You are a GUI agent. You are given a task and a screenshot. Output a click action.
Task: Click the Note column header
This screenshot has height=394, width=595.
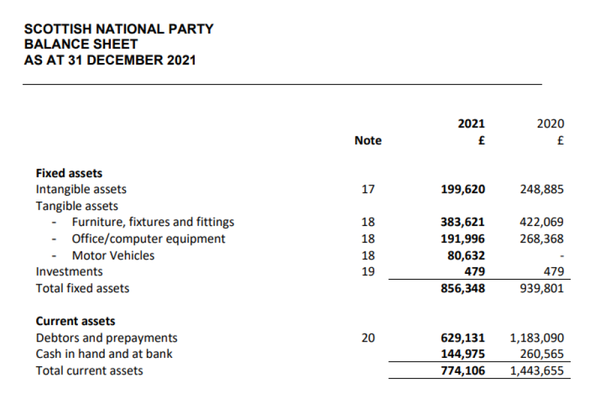[368, 141]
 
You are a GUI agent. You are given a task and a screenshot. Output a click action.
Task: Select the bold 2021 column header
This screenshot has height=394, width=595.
[471, 124]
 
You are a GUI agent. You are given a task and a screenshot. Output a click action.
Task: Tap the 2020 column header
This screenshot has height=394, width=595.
[550, 124]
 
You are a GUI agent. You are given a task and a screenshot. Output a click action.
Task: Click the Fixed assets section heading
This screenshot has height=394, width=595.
[69, 173]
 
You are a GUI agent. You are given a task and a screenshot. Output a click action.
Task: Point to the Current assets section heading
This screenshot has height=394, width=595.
[75, 321]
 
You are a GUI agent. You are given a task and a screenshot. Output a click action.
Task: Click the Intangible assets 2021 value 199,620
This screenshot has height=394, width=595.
[463, 189]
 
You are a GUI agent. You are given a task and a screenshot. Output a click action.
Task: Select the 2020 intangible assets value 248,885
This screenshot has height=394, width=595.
[542, 189]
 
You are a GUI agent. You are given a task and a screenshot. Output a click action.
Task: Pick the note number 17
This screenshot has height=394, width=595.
[368, 189]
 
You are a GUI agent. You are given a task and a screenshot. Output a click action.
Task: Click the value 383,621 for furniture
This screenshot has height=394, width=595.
[463, 222]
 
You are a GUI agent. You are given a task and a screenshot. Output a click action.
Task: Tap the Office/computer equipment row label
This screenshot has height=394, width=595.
[148, 239]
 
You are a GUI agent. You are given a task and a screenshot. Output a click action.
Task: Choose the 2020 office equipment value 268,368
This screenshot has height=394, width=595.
[542, 239]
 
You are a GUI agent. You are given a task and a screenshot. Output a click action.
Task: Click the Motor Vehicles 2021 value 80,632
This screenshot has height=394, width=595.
[466, 255]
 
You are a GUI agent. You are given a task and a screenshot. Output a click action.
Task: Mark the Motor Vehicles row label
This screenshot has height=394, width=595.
[113, 255]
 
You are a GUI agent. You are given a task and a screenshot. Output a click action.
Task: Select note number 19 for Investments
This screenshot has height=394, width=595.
[368, 272]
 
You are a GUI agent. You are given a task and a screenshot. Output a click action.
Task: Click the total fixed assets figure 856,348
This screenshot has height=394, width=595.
[463, 288]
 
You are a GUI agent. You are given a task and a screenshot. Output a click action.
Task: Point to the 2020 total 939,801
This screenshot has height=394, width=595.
[542, 288]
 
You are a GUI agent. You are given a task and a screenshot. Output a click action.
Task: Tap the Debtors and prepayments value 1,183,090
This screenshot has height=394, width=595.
[537, 338]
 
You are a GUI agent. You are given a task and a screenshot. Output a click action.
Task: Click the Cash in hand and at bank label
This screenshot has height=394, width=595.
[104, 354]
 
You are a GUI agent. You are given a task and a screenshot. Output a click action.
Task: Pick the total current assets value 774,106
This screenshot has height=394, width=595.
[463, 370]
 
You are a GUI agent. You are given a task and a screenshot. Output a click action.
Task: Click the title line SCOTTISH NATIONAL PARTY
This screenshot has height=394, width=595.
[119, 29]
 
